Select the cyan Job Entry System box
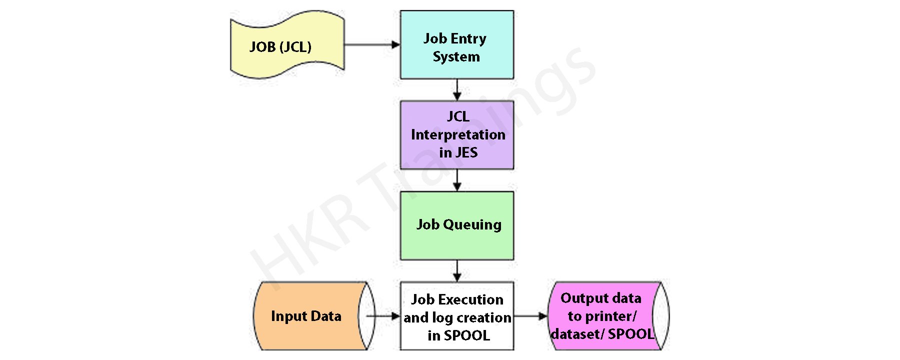click(x=456, y=45)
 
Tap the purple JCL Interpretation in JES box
click(x=456, y=135)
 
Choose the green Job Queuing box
click(x=456, y=225)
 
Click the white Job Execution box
click(x=456, y=316)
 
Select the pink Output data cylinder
click(x=605, y=316)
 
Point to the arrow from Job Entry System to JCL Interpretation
click(x=456, y=90)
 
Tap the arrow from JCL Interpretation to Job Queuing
click(x=456, y=180)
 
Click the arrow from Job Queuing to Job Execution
click(x=456, y=271)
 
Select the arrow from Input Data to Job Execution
click(x=383, y=316)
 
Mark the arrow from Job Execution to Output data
click(x=530, y=316)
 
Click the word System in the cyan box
click(x=456, y=57)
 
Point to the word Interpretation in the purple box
click(x=458, y=135)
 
